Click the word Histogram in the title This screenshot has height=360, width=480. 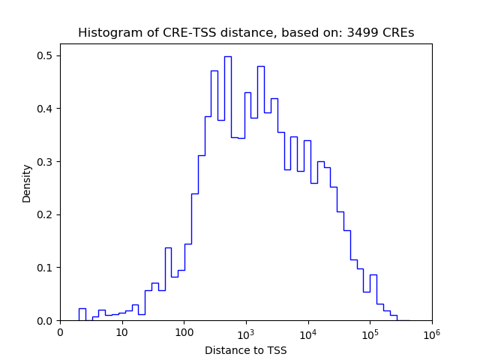click(106, 33)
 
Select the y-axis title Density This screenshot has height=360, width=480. click(27, 183)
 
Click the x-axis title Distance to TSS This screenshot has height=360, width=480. click(246, 349)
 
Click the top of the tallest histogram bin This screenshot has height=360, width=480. click(227, 56)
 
